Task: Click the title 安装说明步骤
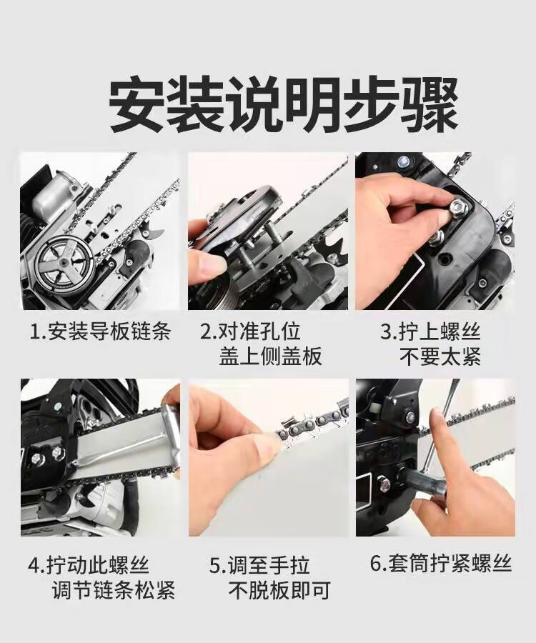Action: point(283,104)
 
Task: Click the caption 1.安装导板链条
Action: point(101,331)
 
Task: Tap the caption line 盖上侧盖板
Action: point(271,357)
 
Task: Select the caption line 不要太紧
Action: point(440,357)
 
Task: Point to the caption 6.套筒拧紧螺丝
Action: point(441,563)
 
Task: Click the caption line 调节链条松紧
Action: point(114,590)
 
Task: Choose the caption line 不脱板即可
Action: point(279,591)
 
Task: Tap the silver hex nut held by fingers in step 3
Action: point(459,207)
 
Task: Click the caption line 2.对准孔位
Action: point(251,331)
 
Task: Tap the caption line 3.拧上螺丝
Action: point(430,331)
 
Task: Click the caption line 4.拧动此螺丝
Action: point(89,564)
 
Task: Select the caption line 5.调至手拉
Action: point(259,564)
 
